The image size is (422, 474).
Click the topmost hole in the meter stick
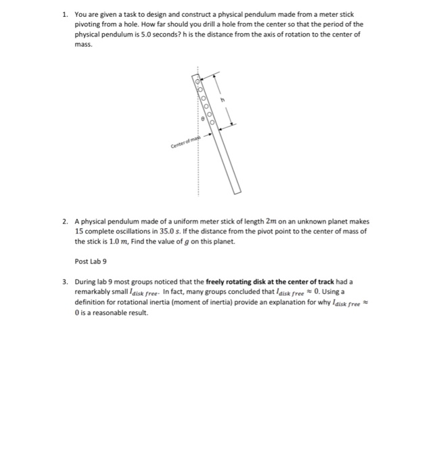[x=199, y=82]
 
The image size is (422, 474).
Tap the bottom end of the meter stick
[x=237, y=191]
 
